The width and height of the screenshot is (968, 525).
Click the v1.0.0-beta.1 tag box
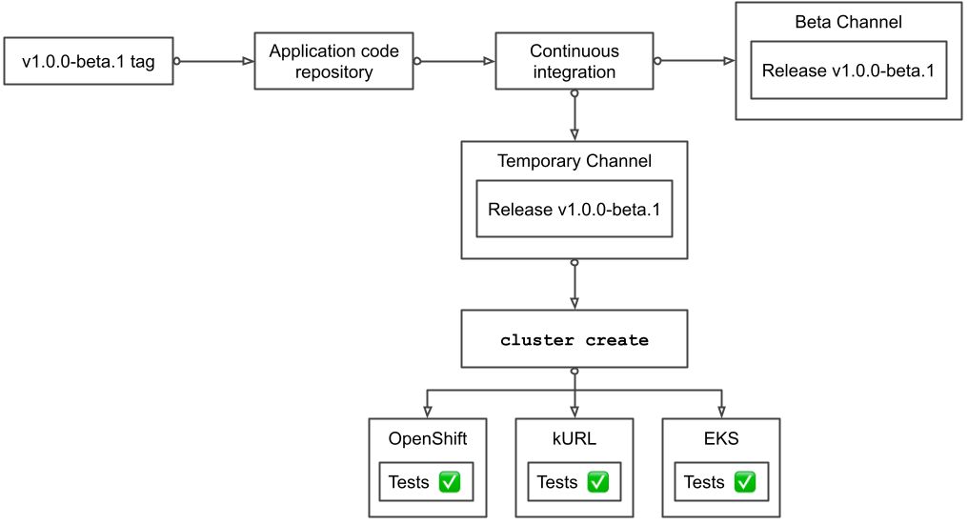(89, 62)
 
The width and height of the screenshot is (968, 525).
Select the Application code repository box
(333, 61)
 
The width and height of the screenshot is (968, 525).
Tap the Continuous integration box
(575, 61)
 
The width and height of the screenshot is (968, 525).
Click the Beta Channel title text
(848, 22)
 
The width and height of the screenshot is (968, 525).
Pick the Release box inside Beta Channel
(848, 71)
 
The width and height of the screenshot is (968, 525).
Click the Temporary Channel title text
(575, 161)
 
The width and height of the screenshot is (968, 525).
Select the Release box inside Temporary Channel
(575, 209)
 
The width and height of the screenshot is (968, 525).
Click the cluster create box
(575, 340)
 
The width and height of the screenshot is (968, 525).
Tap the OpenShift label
(427, 438)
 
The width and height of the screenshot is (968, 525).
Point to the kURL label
(575, 438)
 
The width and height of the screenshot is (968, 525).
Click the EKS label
(721, 438)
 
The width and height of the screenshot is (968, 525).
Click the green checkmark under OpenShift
(450, 482)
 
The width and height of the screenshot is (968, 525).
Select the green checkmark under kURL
(597, 482)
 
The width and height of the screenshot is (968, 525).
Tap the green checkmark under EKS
(745, 482)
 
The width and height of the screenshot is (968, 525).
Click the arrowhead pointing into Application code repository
(248, 61)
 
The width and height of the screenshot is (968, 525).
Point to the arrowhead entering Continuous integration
(489, 61)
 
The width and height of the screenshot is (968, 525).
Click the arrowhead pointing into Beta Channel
(729, 61)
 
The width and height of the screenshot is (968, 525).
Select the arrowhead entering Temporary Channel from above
(575, 135)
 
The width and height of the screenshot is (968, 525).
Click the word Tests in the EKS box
(704, 482)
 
